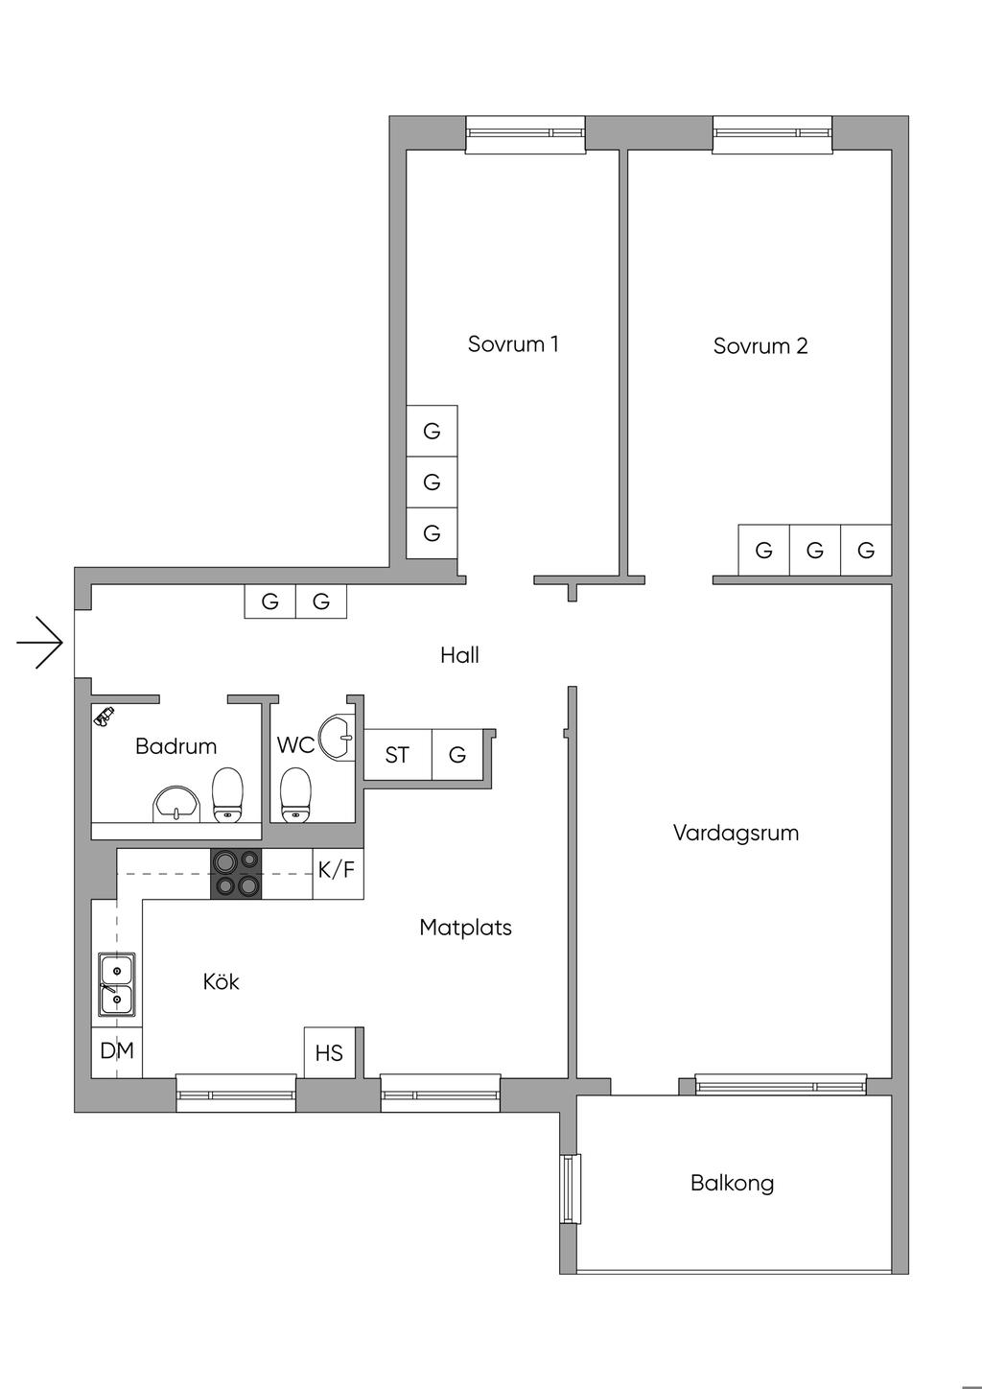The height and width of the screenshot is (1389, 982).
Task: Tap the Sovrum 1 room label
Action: point(513,343)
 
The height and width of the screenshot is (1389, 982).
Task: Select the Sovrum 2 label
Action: point(760,345)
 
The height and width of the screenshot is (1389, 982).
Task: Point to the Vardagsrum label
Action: point(736,833)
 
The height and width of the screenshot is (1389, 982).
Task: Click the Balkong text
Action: point(732,1183)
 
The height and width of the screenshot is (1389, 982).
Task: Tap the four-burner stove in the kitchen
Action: point(236,874)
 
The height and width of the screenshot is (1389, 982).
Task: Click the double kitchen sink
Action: point(116,984)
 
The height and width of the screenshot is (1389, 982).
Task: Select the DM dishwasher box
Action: point(117,1051)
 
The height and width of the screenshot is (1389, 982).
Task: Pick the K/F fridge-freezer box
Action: point(338,871)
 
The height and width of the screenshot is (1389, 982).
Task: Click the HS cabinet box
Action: point(329,1053)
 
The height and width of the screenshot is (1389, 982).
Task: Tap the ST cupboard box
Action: point(397,756)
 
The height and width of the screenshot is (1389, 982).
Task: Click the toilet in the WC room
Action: point(296,796)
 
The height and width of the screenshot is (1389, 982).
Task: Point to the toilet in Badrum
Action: point(227,794)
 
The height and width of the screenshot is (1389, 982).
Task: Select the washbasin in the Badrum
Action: point(175,805)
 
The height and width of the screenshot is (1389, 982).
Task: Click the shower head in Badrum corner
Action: point(103,715)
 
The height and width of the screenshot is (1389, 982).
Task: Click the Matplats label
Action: point(465,928)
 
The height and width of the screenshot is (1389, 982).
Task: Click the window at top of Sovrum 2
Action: point(773,133)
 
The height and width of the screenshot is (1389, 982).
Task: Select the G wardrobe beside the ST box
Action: point(457,756)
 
